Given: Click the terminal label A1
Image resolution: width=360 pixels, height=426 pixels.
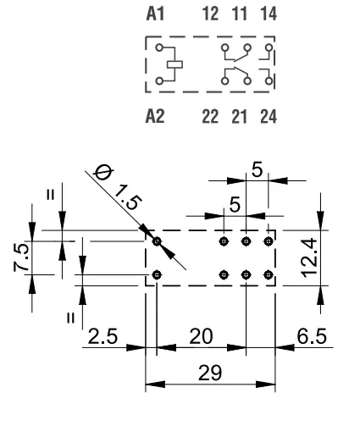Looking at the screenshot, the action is click(x=155, y=14).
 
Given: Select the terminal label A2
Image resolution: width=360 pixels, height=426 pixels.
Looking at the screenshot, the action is click(x=155, y=116).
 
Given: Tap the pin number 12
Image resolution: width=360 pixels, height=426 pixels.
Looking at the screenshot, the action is click(x=210, y=14).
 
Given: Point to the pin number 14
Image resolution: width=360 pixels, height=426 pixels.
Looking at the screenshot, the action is click(x=269, y=14).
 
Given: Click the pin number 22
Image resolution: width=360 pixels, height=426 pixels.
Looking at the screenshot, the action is click(x=210, y=117).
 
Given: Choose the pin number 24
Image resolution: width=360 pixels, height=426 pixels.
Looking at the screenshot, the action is click(x=269, y=117).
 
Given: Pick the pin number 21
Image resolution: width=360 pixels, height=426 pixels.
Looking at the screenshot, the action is click(x=239, y=117).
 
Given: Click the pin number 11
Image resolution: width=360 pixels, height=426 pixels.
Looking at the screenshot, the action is click(x=240, y=14).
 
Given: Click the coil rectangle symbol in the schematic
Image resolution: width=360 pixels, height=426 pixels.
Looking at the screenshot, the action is click(x=174, y=64).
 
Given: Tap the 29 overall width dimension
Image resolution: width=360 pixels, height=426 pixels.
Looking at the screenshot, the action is click(x=210, y=373).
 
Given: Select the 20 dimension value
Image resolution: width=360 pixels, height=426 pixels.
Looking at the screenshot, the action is click(x=201, y=336).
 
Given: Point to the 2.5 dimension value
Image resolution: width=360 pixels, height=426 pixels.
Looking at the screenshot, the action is click(x=102, y=336).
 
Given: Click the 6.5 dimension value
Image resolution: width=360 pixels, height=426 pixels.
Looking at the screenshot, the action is click(x=312, y=336).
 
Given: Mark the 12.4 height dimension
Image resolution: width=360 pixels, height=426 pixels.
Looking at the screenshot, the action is click(x=310, y=258).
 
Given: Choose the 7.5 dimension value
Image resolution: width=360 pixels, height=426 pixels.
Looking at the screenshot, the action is click(x=21, y=257).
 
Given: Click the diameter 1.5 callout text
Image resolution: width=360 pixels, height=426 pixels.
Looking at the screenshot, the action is click(x=117, y=186).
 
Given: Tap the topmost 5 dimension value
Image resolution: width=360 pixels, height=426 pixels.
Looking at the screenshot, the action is click(x=257, y=170).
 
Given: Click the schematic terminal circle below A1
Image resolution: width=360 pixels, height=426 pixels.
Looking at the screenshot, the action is click(x=159, y=47).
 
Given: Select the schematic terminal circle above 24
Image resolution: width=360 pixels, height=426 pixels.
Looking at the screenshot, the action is click(x=269, y=81).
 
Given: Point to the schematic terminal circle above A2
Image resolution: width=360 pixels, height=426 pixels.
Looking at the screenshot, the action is click(x=159, y=81).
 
